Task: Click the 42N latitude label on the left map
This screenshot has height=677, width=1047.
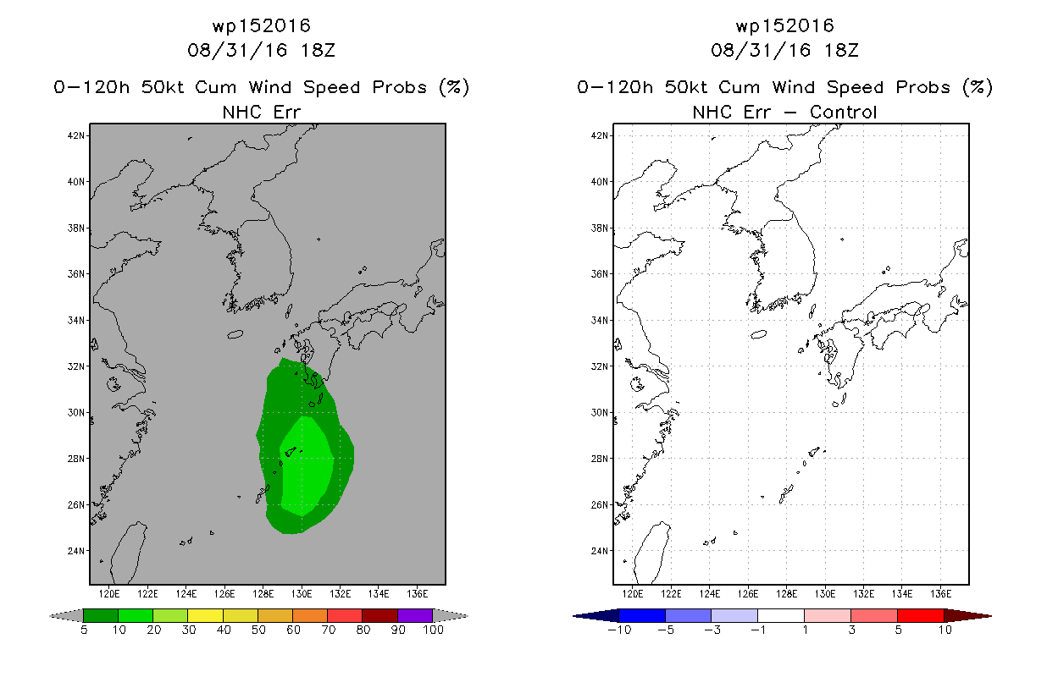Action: [x=75, y=136]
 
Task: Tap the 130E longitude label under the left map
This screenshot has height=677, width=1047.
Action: [x=302, y=594]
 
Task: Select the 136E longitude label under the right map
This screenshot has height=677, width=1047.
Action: [x=940, y=594]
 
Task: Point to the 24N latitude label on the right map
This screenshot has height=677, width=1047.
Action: [x=599, y=551]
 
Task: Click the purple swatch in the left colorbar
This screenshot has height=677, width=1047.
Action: [x=415, y=615]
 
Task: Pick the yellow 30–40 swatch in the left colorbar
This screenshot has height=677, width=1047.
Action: [x=206, y=615]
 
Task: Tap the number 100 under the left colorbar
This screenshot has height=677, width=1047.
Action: [x=433, y=630]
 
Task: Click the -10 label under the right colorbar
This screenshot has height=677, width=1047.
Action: [x=619, y=630]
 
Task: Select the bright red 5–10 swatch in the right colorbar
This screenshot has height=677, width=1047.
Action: [x=921, y=615]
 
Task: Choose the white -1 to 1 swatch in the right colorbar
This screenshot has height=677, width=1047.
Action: [x=781, y=615]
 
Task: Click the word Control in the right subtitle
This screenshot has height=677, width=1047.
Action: [x=843, y=113]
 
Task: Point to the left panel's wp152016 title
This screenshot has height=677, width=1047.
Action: [x=262, y=26]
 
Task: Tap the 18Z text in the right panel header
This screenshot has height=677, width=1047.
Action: [x=841, y=51]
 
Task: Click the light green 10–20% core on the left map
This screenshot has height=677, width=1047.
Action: [x=307, y=465]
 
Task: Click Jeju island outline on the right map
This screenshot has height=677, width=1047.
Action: [x=759, y=334]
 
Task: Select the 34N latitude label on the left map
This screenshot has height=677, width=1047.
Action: [x=75, y=321]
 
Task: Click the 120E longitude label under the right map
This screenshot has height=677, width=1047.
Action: [x=633, y=594]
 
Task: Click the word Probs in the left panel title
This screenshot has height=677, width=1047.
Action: [x=400, y=88]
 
